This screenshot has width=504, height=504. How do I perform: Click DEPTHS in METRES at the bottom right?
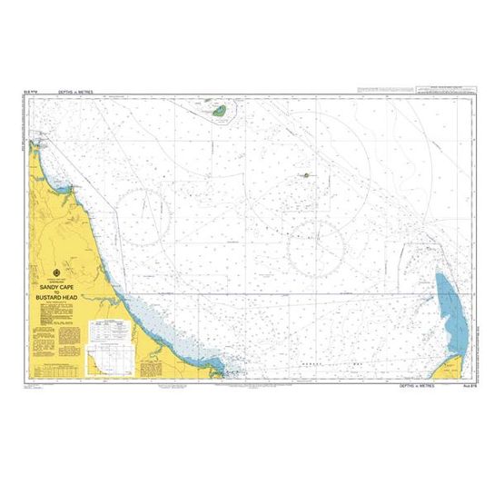coord(416,386)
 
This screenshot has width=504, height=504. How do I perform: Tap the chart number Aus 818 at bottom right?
coord(471,386)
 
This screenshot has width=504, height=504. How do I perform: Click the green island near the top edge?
coord(219,111)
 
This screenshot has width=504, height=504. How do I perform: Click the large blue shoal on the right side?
coord(448,305)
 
